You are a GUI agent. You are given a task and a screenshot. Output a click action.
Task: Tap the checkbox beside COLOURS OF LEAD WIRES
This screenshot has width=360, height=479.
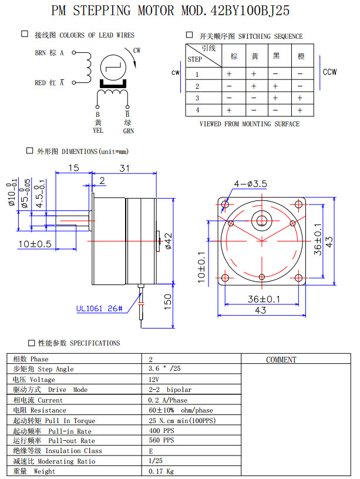[25, 35]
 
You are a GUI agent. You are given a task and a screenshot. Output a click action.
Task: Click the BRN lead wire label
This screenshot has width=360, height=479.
[40, 52]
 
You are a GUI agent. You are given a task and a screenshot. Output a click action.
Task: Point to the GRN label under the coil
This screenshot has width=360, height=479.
[128, 130]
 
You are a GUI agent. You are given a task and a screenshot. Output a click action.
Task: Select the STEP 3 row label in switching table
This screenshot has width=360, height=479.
[197, 98]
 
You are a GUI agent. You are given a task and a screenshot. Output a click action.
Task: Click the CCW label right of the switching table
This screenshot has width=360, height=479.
[329, 72]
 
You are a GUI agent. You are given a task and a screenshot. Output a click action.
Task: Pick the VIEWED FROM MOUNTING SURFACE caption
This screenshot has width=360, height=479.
[250, 124]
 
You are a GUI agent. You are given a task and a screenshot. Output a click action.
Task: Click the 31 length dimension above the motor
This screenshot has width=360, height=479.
[124, 168]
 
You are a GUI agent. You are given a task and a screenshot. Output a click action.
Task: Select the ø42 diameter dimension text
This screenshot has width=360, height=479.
[168, 242]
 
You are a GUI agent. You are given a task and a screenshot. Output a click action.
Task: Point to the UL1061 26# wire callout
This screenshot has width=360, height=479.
[99, 309]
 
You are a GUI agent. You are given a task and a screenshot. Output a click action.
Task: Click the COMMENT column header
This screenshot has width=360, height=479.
[281, 360]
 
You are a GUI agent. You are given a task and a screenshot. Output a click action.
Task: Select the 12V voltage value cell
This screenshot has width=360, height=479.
[156, 380]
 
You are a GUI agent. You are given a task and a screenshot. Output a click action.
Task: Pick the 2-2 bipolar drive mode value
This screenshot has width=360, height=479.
[170, 390]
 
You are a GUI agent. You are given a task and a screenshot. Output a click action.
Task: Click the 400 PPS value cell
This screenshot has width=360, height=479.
[161, 431]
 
